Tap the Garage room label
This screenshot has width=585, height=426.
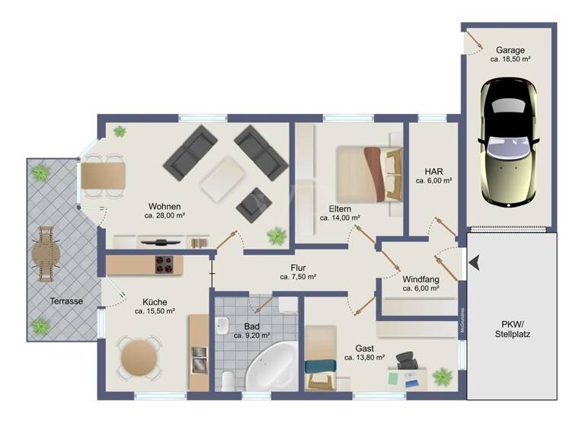click(x=510, y=50)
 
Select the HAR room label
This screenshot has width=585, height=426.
click(x=434, y=171)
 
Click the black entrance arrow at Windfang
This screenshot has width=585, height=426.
click(x=475, y=264)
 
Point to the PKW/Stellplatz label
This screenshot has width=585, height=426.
click(x=511, y=328)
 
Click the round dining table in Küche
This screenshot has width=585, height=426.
click(x=139, y=355)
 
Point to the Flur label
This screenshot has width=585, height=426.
click(x=298, y=267)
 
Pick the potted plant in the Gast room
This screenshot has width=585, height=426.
click(x=442, y=377)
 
